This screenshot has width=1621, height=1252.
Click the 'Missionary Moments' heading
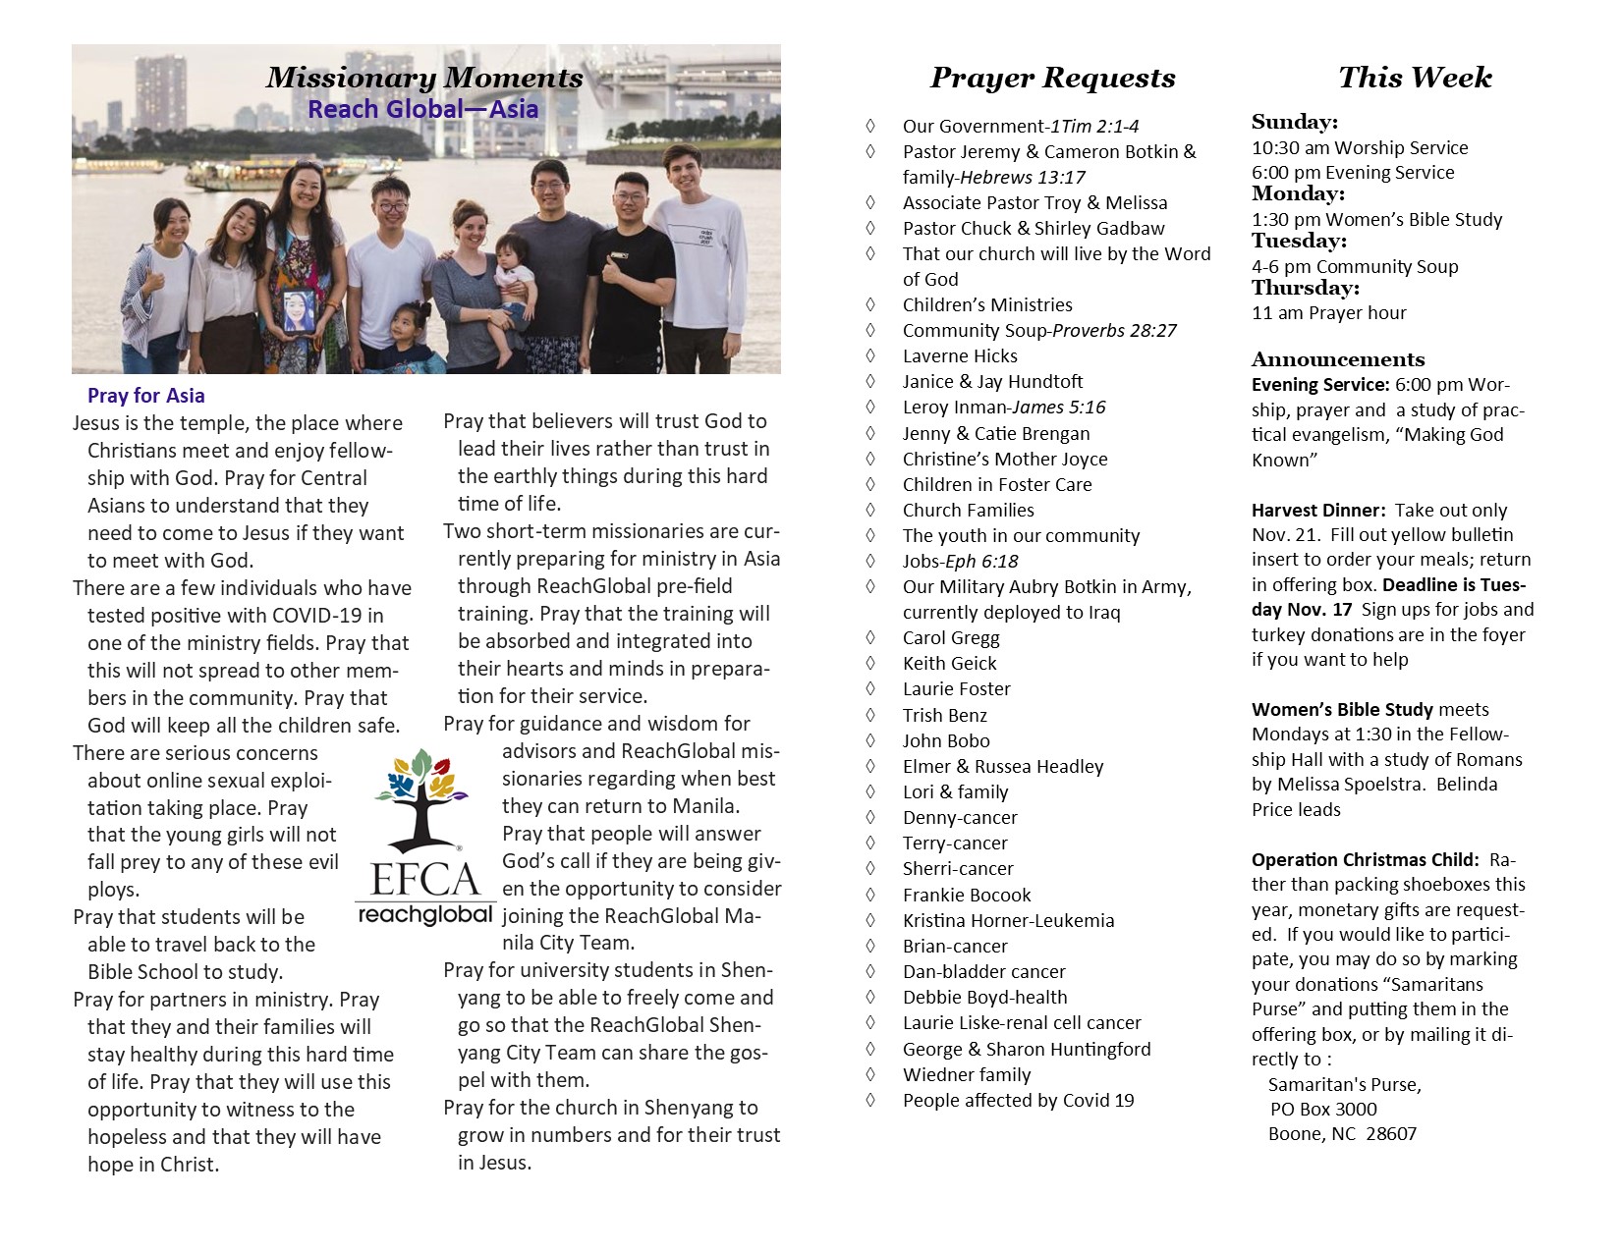coord(424,78)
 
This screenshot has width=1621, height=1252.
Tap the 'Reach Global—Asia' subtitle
coord(422,109)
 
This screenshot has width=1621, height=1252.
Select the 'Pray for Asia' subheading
coord(145,396)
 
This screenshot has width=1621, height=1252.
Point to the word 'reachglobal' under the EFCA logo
coord(424,915)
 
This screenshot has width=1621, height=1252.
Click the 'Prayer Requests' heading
coord(1052,78)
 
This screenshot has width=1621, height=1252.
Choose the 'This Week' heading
coord(1415,78)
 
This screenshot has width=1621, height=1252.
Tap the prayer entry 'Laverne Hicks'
coord(960,355)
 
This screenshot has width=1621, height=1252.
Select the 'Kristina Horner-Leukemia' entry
coord(1008,920)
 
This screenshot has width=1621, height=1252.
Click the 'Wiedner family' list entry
coord(967,1074)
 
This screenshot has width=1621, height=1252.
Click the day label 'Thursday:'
coord(1306,288)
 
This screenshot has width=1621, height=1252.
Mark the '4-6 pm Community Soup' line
coord(1355,266)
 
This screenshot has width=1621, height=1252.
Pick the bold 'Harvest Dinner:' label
coord(1318,510)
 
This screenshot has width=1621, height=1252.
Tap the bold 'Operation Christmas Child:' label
coord(1365,859)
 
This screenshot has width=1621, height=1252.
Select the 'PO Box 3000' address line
coord(1323,1109)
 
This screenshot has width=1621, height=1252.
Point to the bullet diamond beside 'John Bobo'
coord(870,740)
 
